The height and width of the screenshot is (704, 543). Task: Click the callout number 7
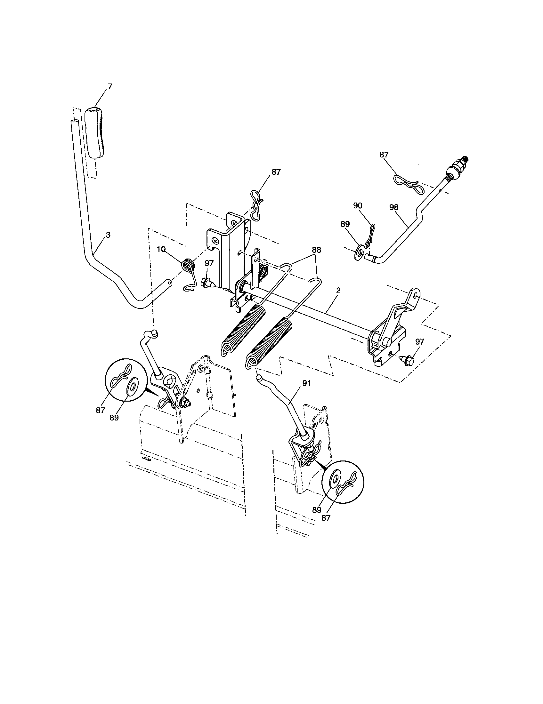point(110,86)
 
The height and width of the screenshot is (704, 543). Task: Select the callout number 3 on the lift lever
point(108,235)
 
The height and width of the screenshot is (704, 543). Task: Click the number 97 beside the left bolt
point(209,263)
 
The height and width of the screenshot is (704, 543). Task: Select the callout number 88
point(316,250)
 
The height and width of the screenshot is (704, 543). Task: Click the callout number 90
point(358,206)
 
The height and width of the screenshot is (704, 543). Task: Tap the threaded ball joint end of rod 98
point(457,168)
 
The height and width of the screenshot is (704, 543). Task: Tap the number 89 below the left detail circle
point(114,418)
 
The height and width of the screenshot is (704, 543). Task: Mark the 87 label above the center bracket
point(276,172)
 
